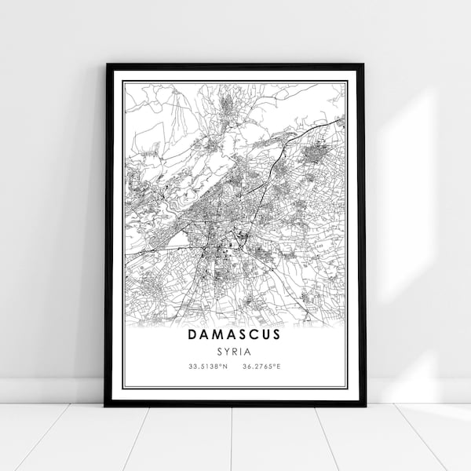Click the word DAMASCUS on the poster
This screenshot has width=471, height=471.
(234, 334)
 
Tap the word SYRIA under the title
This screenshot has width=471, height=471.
(235, 352)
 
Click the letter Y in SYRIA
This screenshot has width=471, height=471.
(228, 352)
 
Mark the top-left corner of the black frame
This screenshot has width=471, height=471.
(106, 64)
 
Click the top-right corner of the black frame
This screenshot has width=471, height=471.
(364, 64)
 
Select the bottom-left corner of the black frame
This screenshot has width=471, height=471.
(106, 405)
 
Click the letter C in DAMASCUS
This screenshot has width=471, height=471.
(253, 334)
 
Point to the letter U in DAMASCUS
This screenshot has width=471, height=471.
(265, 334)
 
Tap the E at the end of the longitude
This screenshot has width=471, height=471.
(281, 367)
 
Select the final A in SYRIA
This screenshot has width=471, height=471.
(248, 352)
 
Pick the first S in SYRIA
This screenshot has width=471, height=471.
(221, 352)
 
